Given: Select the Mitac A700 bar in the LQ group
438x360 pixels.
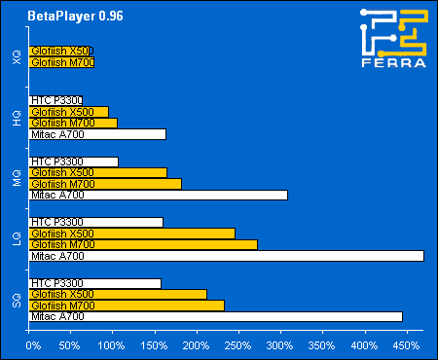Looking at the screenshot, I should tap(228, 256).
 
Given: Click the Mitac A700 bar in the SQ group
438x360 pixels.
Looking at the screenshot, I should tap(217, 316).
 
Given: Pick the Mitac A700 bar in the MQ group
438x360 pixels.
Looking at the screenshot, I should tap(160, 195).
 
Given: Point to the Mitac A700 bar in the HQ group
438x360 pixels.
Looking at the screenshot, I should tap(98, 134).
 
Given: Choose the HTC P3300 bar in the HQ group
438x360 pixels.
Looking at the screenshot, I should tap(56, 100).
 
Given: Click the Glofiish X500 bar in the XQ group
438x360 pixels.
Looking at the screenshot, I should tap(61, 51).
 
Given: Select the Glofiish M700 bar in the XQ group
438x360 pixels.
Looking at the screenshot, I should tap(62, 62).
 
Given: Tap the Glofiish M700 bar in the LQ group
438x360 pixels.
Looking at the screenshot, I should tap(145, 244).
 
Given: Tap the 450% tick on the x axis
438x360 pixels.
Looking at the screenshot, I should tap(404, 344).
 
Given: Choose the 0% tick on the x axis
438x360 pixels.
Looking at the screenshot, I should tap(32, 344).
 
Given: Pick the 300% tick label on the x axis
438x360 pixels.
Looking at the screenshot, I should tap(279, 344).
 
